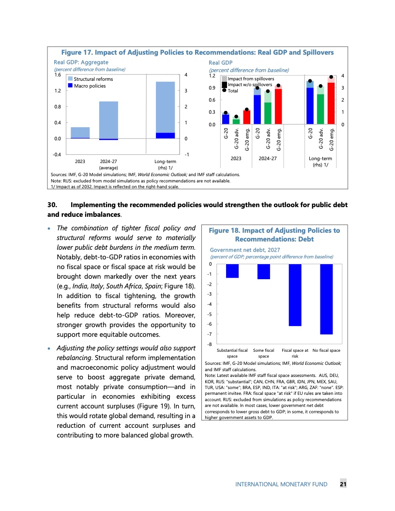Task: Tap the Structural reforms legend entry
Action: click(x=71, y=79)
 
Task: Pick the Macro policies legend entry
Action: click(x=71, y=86)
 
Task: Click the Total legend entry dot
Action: click(x=224, y=90)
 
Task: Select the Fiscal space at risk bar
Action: click(x=295, y=295)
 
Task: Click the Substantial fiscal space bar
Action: click(x=232, y=271)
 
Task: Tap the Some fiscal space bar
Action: click(x=264, y=271)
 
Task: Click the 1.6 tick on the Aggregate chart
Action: click(x=58, y=75)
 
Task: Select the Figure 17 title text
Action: click(x=197, y=52)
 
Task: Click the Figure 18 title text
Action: click(x=274, y=235)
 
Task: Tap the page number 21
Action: click(x=343, y=484)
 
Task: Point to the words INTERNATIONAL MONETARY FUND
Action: click(x=281, y=484)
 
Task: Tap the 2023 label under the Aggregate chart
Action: click(x=80, y=161)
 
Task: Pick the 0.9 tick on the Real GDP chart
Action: click(x=212, y=88)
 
